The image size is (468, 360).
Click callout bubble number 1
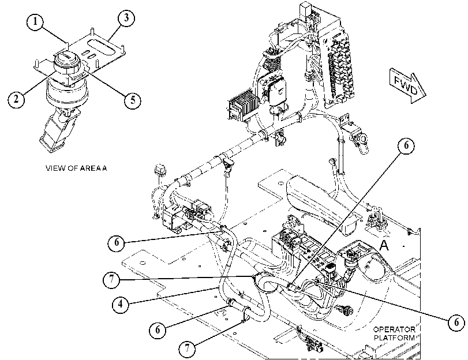35,21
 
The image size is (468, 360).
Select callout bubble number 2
16,98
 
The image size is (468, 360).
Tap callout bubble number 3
126,18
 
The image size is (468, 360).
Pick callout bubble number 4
121,304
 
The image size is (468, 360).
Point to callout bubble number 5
133,99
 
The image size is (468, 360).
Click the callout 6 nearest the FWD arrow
406,145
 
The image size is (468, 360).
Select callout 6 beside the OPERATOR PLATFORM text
456,322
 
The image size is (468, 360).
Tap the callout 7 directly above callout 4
111,280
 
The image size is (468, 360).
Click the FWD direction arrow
408,85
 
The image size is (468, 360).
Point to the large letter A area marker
384,245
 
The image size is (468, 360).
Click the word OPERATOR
394,329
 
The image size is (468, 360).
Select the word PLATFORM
394,338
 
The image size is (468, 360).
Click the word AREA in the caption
91,168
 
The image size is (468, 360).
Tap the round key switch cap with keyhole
66,58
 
